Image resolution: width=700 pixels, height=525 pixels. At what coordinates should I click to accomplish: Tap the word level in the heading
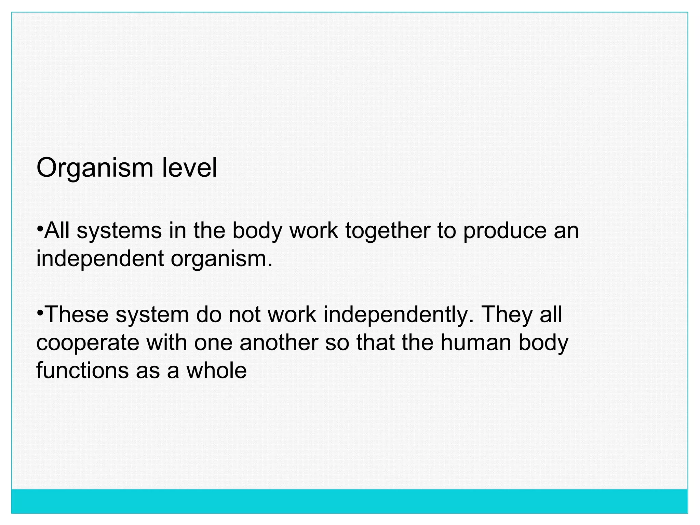(x=189, y=168)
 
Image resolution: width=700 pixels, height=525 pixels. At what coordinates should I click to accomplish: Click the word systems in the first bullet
(x=119, y=231)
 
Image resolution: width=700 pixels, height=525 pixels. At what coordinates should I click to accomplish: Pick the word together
(x=388, y=231)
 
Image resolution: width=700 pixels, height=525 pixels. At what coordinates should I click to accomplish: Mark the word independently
(x=399, y=315)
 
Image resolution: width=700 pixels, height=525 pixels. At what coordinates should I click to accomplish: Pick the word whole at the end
(x=216, y=370)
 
